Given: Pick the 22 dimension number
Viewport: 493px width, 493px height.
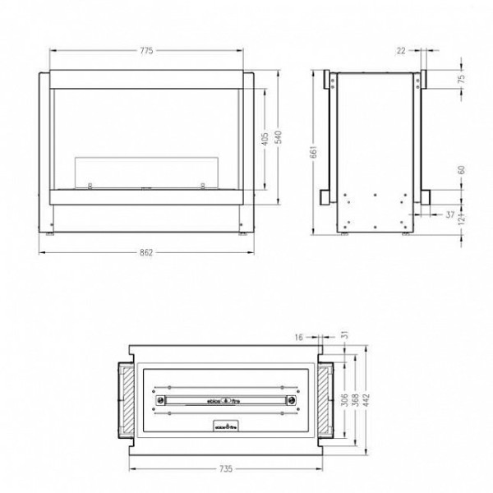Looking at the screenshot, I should coord(400,51).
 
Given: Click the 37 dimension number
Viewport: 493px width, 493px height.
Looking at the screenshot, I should coord(450,214).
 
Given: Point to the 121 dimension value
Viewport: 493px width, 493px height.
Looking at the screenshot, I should coord(462,218).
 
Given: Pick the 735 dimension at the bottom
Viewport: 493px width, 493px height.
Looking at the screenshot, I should coord(226,470).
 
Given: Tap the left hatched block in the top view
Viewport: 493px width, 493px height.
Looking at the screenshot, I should coord(130,401).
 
